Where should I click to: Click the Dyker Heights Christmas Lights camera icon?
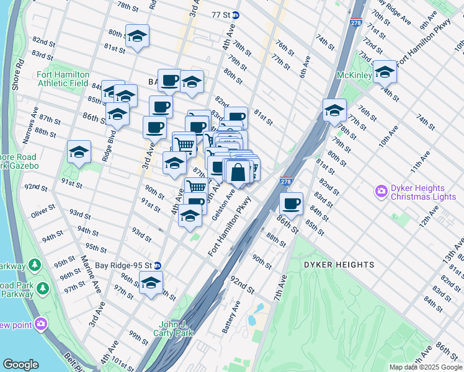[x=381, y=192]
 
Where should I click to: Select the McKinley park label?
[x=354, y=76]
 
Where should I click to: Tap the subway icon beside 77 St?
[x=236, y=14]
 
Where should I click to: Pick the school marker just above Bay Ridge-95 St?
[x=151, y=282]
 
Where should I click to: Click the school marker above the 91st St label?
[x=79, y=152]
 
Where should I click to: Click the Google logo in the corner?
[x=20, y=365]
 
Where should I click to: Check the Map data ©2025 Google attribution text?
[x=426, y=367]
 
